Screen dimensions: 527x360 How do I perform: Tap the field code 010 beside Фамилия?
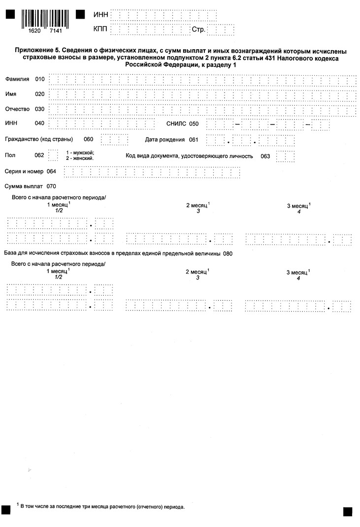click(x=40, y=79)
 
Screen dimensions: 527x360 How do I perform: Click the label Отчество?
click(x=17, y=109)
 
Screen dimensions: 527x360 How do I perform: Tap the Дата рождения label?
click(x=165, y=139)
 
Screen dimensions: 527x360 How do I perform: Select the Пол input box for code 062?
click(x=53, y=155)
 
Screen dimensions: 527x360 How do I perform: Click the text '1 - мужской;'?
click(x=80, y=153)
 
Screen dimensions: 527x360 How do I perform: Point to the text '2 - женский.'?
click(x=80, y=158)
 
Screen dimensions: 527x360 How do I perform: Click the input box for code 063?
click(x=286, y=156)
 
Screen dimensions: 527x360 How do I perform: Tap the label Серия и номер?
click(x=24, y=171)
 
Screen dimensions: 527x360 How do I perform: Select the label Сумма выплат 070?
click(x=30, y=186)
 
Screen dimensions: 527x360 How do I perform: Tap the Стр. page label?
click(x=198, y=30)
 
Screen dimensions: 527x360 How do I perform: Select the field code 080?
click(x=228, y=254)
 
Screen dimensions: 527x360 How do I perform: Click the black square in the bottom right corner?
click(x=348, y=511)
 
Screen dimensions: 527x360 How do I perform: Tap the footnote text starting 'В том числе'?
click(x=103, y=506)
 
